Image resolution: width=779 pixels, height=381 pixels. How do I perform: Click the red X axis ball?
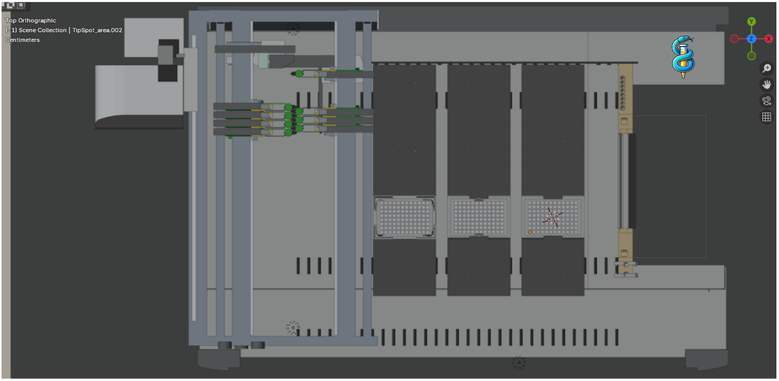(x=768, y=39)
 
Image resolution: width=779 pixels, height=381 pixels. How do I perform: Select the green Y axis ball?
(x=751, y=21)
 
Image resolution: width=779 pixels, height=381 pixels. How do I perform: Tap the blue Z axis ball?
(x=751, y=39)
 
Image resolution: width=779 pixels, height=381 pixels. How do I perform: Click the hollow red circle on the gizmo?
(x=734, y=39)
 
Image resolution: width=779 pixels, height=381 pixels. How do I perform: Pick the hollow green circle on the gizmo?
(x=751, y=56)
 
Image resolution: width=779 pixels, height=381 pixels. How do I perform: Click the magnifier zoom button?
(x=767, y=68)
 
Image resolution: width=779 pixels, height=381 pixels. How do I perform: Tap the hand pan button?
(x=767, y=84)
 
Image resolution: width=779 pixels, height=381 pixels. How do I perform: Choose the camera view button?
(x=767, y=101)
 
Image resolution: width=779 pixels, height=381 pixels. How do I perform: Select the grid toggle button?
(x=767, y=117)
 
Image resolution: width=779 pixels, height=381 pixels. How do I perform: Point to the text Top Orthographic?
(x=31, y=20)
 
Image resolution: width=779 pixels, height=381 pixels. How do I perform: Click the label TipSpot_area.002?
(x=97, y=30)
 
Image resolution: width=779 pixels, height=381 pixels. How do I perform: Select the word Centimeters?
(x=23, y=40)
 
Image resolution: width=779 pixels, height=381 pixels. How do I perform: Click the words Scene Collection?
(x=43, y=30)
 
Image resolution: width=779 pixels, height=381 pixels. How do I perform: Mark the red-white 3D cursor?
(x=553, y=217)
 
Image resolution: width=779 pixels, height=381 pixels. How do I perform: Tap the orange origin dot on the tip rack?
(x=530, y=232)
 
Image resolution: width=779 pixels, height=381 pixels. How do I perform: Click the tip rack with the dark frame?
(x=404, y=217)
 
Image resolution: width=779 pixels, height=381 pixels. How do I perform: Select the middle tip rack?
(x=479, y=217)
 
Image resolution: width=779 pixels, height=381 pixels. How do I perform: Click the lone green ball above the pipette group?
(x=299, y=74)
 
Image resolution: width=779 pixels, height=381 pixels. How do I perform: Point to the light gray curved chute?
(x=139, y=97)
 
